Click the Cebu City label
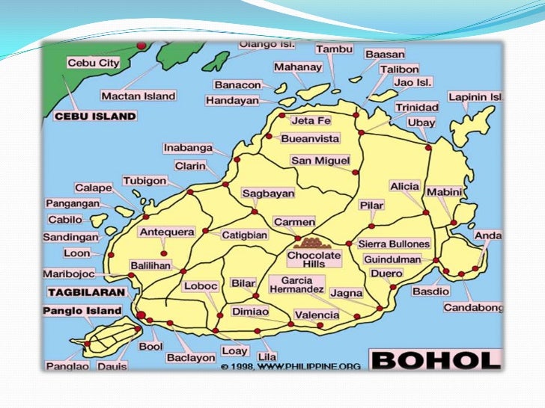pyautogui.click(x=93, y=63)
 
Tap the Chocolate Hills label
pyautogui.click(x=314, y=260)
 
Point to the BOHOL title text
pyautogui.click(x=435, y=360)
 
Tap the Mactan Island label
pyautogui.click(x=138, y=96)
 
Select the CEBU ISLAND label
pyautogui.click(x=95, y=116)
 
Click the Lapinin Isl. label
pyautogui.click(x=475, y=97)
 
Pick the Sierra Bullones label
pyautogui.click(x=395, y=244)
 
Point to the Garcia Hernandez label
pyautogui.click(x=297, y=284)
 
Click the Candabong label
pyautogui.click(x=472, y=307)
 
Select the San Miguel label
pyautogui.click(x=320, y=161)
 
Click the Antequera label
pyautogui.click(x=167, y=232)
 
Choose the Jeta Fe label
pyautogui.click(x=311, y=120)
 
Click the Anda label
pyautogui.click(x=488, y=235)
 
